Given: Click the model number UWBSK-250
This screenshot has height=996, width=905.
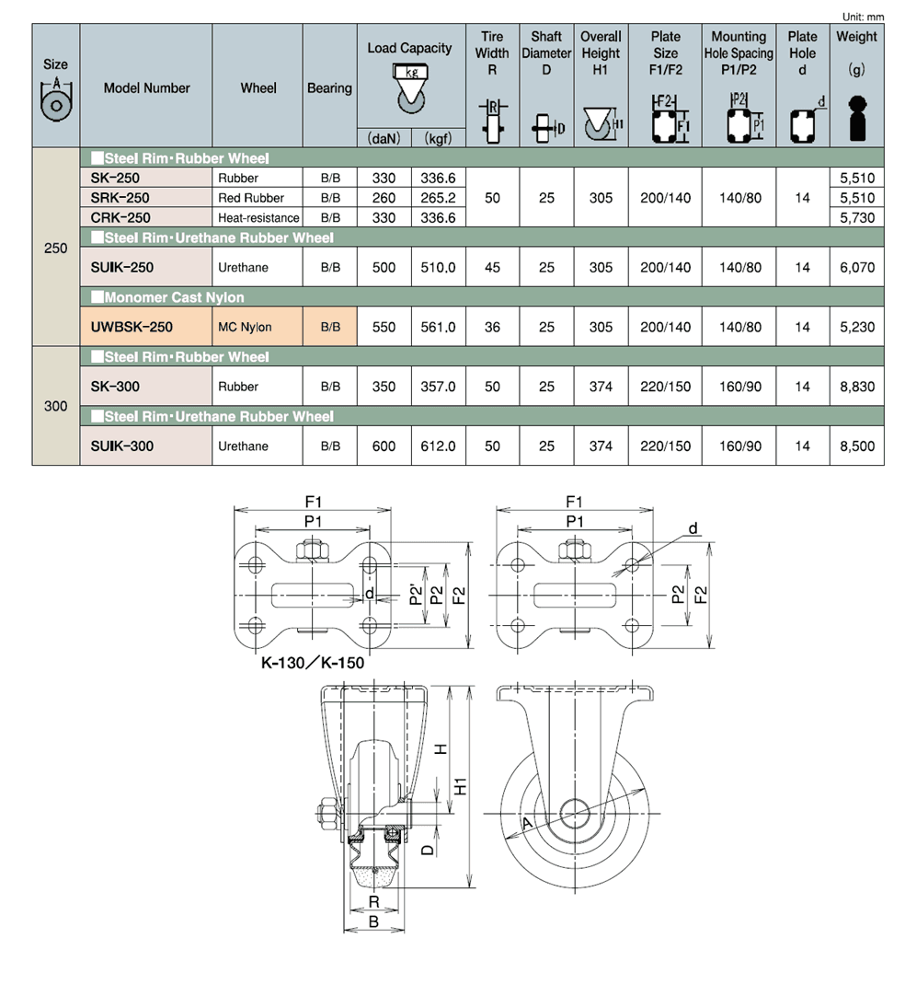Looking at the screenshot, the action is coord(132,327).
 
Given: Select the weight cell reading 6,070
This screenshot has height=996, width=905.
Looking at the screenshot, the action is coord(857,268).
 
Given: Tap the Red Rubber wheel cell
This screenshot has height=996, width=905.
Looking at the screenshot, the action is coord(251,198).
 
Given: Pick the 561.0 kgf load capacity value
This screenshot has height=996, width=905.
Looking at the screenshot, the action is coord(438,327).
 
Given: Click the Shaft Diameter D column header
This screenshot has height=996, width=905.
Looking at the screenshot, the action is coord(546,53).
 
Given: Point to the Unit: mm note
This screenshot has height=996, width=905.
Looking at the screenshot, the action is coord(863,17).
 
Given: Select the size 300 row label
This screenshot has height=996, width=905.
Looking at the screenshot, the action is coord(56,406).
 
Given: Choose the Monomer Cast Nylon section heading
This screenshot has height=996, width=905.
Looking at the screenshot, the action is coord(167,297).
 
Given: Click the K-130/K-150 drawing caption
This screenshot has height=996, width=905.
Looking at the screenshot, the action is coord(313,663).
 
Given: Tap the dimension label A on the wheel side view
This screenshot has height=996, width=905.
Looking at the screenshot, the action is coord(527,824).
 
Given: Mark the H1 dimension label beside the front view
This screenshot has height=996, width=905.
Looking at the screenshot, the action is coord(461,786).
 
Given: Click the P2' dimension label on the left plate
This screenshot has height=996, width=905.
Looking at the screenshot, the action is coord(416,595).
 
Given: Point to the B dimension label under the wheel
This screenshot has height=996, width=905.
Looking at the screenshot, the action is coord(373,921).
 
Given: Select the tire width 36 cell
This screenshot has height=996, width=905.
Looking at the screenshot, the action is coord(492,327).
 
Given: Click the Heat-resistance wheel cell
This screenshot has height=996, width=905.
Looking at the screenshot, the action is coord(258,218).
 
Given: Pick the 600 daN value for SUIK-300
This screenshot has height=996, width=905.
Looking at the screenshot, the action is coord(384,446).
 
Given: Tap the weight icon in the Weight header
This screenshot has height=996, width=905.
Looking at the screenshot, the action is coord(857,118).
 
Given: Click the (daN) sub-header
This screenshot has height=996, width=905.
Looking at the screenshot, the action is coord(384,138).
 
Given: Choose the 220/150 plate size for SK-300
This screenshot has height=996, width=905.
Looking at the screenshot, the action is coord(665,387).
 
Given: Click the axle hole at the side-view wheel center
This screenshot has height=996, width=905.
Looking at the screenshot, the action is coord(575,814).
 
